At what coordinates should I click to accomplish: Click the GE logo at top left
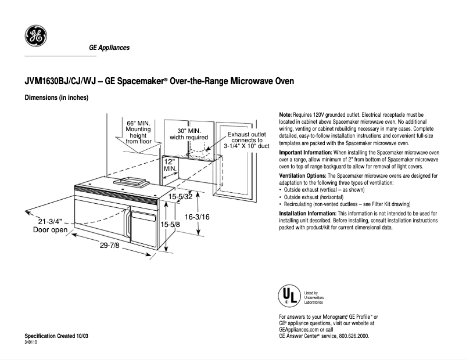pos(35,37)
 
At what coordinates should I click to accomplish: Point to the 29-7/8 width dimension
pos(109,245)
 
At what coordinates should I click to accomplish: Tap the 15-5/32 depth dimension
pos(181,197)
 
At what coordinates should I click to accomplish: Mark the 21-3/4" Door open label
pos(49,226)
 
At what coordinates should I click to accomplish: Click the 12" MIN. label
pos(170,164)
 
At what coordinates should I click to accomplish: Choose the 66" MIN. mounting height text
pos(138,132)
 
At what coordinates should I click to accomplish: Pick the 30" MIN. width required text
pos(188,134)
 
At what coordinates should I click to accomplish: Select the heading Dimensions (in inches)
pos(56,98)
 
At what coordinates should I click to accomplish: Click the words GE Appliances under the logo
pos(109,48)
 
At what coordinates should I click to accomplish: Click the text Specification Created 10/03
pos(56,337)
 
